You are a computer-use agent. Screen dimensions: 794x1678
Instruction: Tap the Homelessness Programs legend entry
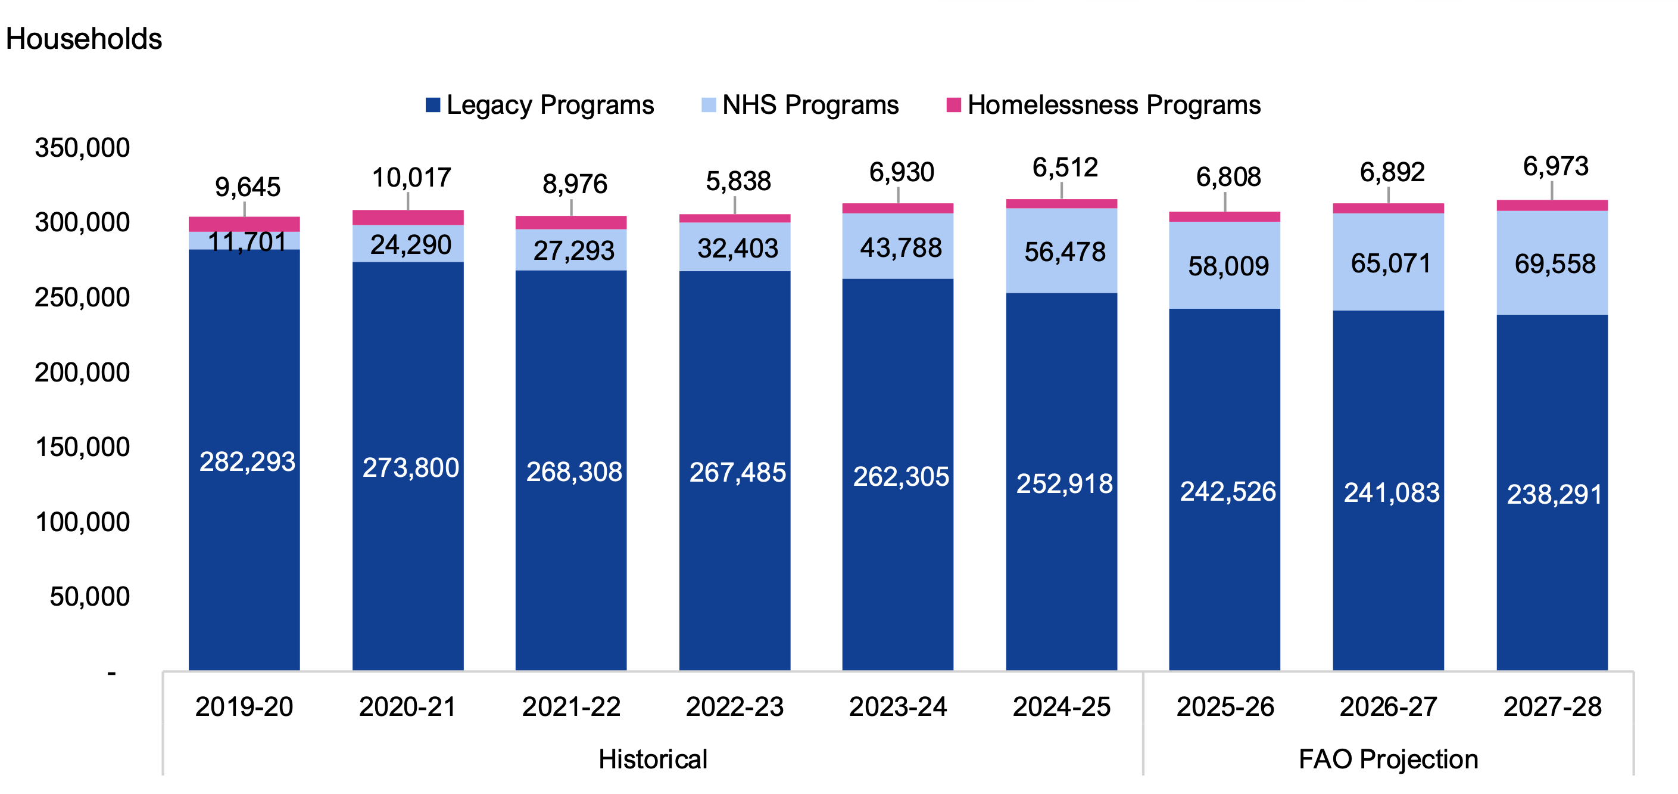[1103, 105]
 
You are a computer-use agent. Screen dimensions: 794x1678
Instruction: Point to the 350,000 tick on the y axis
[82, 148]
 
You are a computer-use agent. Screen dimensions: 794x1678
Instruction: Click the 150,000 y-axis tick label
[82, 447]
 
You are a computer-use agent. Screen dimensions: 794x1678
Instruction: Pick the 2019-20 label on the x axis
[244, 706]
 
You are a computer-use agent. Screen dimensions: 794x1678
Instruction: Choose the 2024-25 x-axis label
[1061, 706]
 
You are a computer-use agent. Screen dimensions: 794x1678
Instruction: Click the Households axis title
[83, 39]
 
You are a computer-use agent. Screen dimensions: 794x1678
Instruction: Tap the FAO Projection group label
[1388, 759]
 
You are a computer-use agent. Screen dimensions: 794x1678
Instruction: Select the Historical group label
[653, 759]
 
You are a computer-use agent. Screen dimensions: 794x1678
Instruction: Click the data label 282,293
[247, 461]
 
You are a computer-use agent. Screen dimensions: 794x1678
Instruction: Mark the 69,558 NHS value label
[1555, 264]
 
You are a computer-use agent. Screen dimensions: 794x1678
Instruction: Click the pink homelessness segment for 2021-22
[571, 223]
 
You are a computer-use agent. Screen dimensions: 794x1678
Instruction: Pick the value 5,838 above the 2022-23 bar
[738, 181]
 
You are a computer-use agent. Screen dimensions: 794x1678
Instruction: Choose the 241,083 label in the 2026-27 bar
[1392, 493]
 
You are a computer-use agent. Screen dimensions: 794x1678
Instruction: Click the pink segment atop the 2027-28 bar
[1552, 205]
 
